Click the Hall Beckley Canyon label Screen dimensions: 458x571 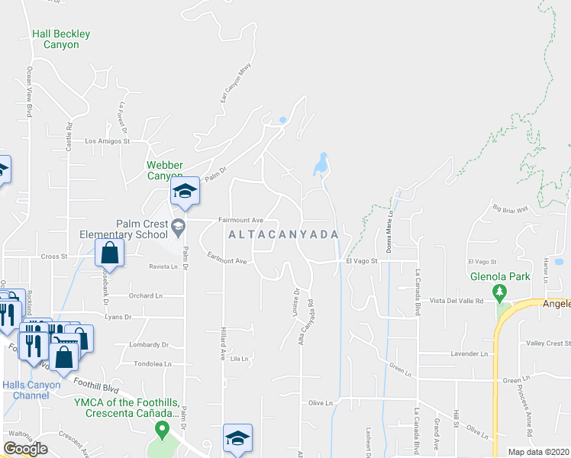point(61,39)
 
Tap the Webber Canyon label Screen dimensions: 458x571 point(165,170)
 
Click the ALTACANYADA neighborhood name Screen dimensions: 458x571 point(282,235)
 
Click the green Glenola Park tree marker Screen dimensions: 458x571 point(500,292)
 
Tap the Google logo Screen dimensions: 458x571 point(25,449)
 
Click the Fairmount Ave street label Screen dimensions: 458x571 point(240,220)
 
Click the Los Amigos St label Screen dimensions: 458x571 point(108,141)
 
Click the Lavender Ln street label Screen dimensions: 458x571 point(469,353)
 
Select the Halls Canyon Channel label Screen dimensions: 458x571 point(31,390)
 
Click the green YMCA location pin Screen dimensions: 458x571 point(161,431)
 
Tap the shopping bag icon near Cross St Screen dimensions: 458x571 point(110,253)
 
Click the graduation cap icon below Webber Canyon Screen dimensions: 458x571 point(184,191)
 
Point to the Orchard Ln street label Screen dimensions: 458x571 point(147,295)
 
